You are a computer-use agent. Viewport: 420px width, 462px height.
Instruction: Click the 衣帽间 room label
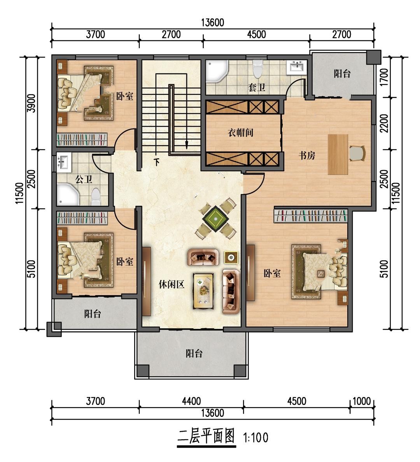tap(240, 133)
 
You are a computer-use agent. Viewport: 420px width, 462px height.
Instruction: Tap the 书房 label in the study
tap(307, 155)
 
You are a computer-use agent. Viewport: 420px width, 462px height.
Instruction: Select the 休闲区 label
tap(171, 284)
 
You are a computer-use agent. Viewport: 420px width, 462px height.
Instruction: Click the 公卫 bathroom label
tap(84, 179)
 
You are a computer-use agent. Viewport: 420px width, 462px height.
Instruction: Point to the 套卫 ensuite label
tap(257, 87)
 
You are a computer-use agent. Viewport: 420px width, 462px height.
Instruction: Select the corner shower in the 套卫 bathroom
tap(217, 71)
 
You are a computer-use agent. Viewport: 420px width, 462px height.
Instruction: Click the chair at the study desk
tap(357, 154)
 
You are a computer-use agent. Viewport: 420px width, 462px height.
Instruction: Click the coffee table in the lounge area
tap(203, 291)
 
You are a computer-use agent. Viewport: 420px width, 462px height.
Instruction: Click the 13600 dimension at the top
tap(213, 23)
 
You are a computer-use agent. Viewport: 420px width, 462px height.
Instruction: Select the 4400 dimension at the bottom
tap(191, 401)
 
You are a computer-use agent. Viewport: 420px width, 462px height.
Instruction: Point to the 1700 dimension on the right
tap(384, 77)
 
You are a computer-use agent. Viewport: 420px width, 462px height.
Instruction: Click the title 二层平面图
tap(206, 436)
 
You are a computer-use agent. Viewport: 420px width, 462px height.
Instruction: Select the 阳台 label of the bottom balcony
tap(194, 353)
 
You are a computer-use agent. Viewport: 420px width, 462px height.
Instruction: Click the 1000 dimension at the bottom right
tap(361, 401)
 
